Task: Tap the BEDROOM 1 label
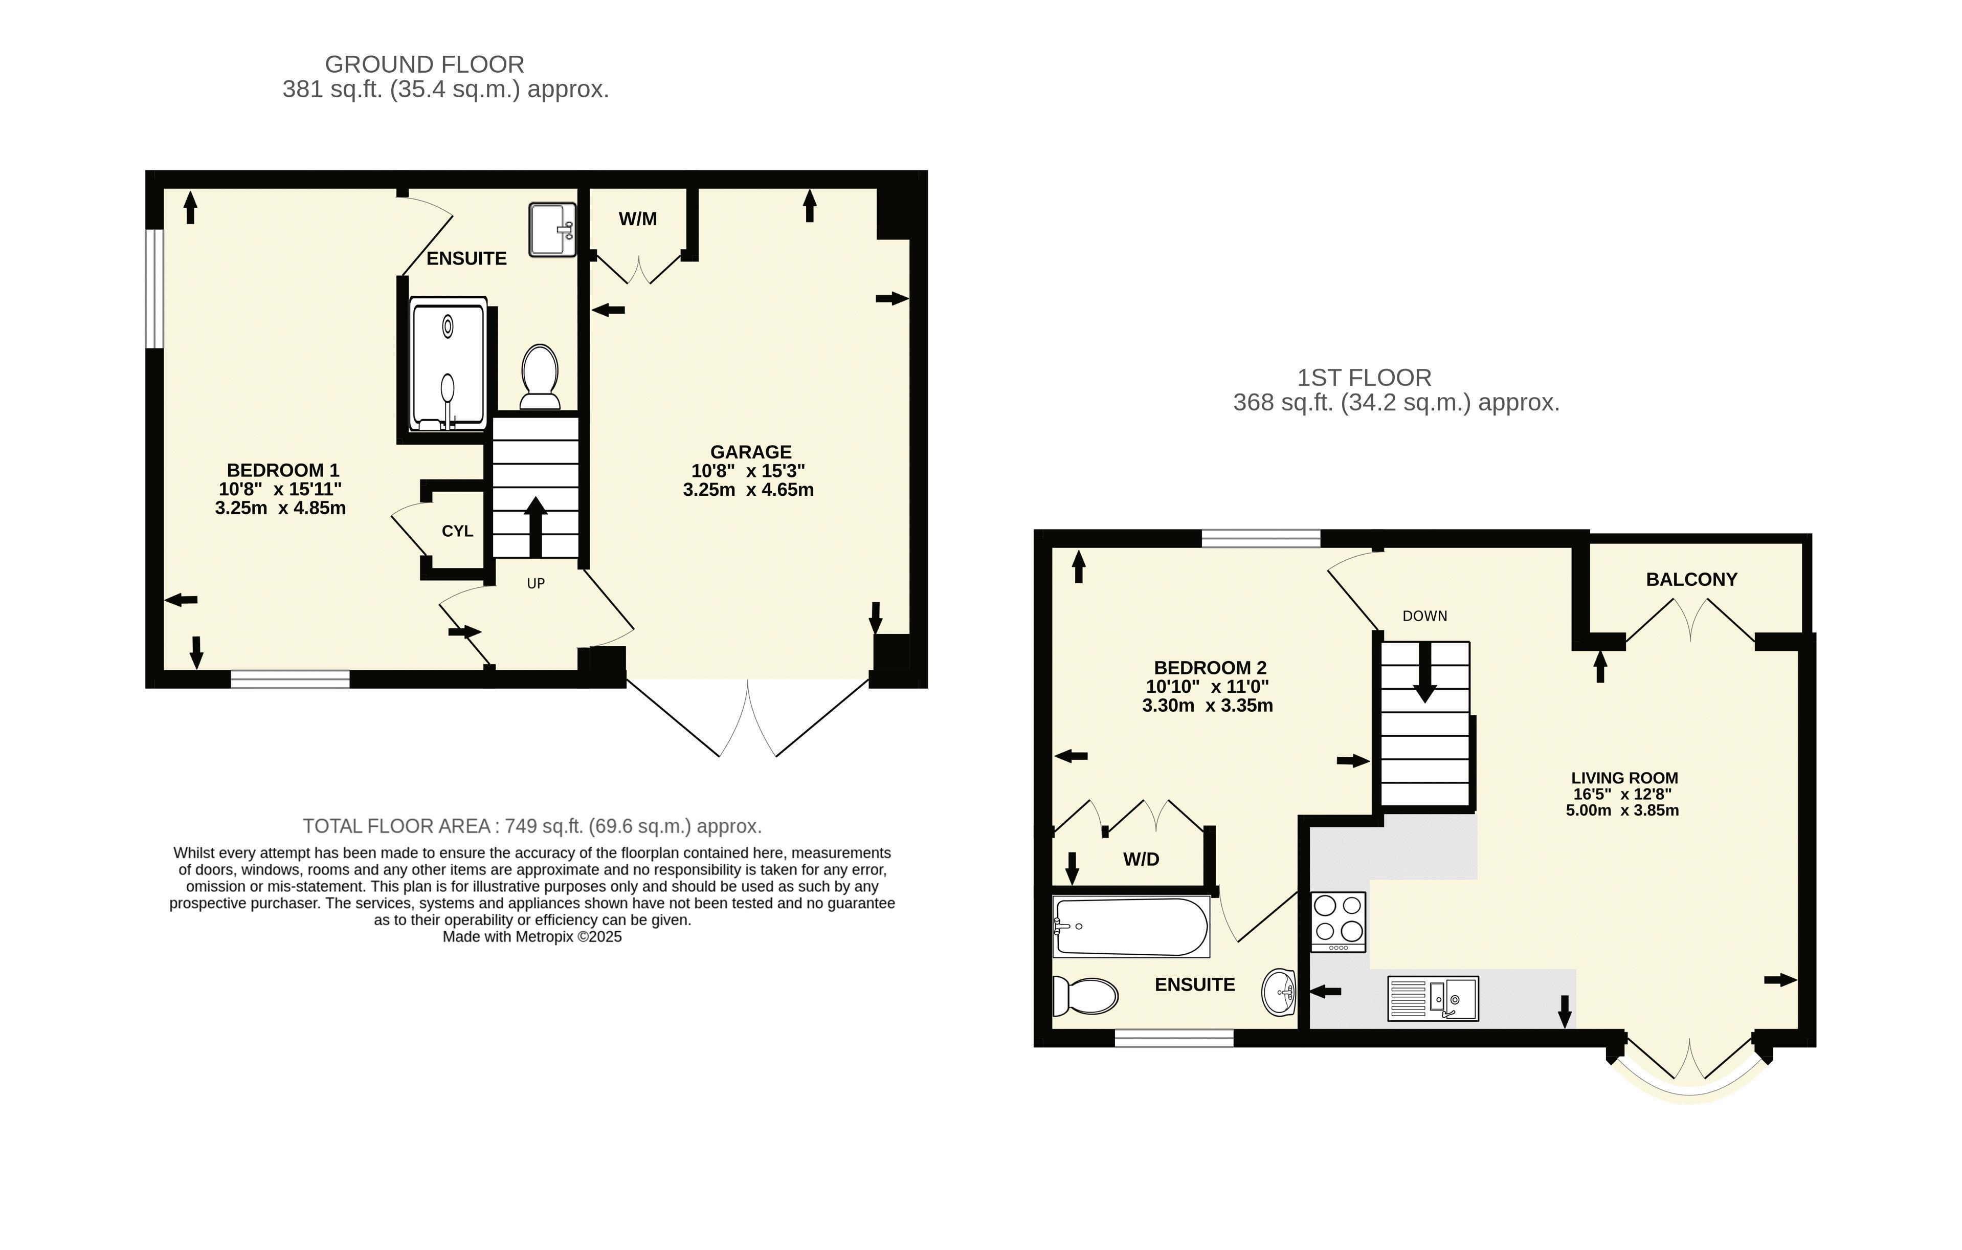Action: click(x=283, y=470)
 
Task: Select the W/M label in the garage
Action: click(x=638, y=219)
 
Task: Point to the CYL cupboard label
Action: click(x=457, y=531)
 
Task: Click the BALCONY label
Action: click(x=1691, y=579)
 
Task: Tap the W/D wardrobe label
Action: click(x=1141, y=859)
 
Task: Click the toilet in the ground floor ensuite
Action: click(x=540, y=377)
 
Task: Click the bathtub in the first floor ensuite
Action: click(x=1131, y=927)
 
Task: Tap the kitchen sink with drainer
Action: click(x=1433, y=998)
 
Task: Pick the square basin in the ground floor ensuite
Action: click(x=552, y=230)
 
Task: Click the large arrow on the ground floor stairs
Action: click(x=536, y=527)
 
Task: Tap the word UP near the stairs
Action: click(x=536, y=583)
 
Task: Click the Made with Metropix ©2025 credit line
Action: click(x=532, y=937)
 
